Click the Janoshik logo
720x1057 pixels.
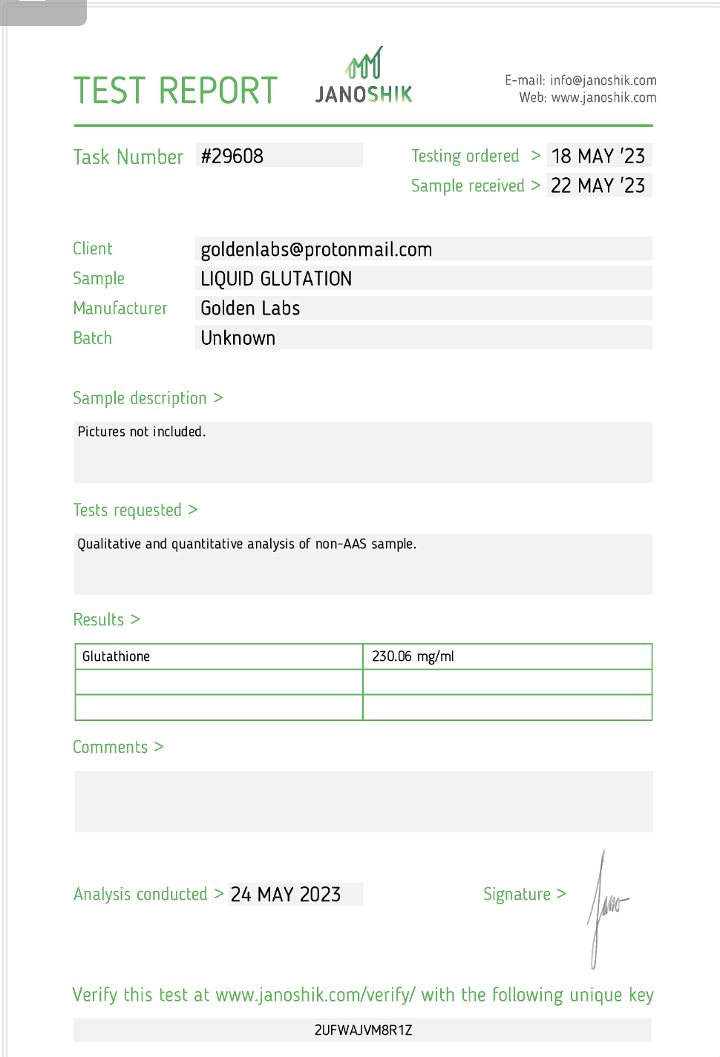[364, 76]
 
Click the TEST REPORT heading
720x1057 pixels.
[175, 91]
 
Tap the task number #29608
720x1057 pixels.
[232, 156]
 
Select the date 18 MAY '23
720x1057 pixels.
[598, 156]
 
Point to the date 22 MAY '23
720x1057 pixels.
[598, 185]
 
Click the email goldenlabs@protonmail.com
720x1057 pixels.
[316, 249]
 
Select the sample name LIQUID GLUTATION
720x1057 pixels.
[276, 279]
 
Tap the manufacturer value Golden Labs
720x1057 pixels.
[250, 309]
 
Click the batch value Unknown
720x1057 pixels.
[238, 338]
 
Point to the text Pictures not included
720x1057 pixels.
[142, 432]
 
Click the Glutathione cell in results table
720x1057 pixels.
[117, 656]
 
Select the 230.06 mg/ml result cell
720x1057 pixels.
[413, 656]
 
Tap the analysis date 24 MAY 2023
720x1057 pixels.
[286, 895]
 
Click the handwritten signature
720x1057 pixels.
[605, 905]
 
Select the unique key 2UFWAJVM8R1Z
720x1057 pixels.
[363, 1030]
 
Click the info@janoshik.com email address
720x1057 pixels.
[603, 80]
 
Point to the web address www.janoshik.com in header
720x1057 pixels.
[603, 97]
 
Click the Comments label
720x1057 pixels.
[111, 747]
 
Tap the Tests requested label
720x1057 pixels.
[128, 510]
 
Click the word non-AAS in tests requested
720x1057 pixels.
[341, 544]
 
